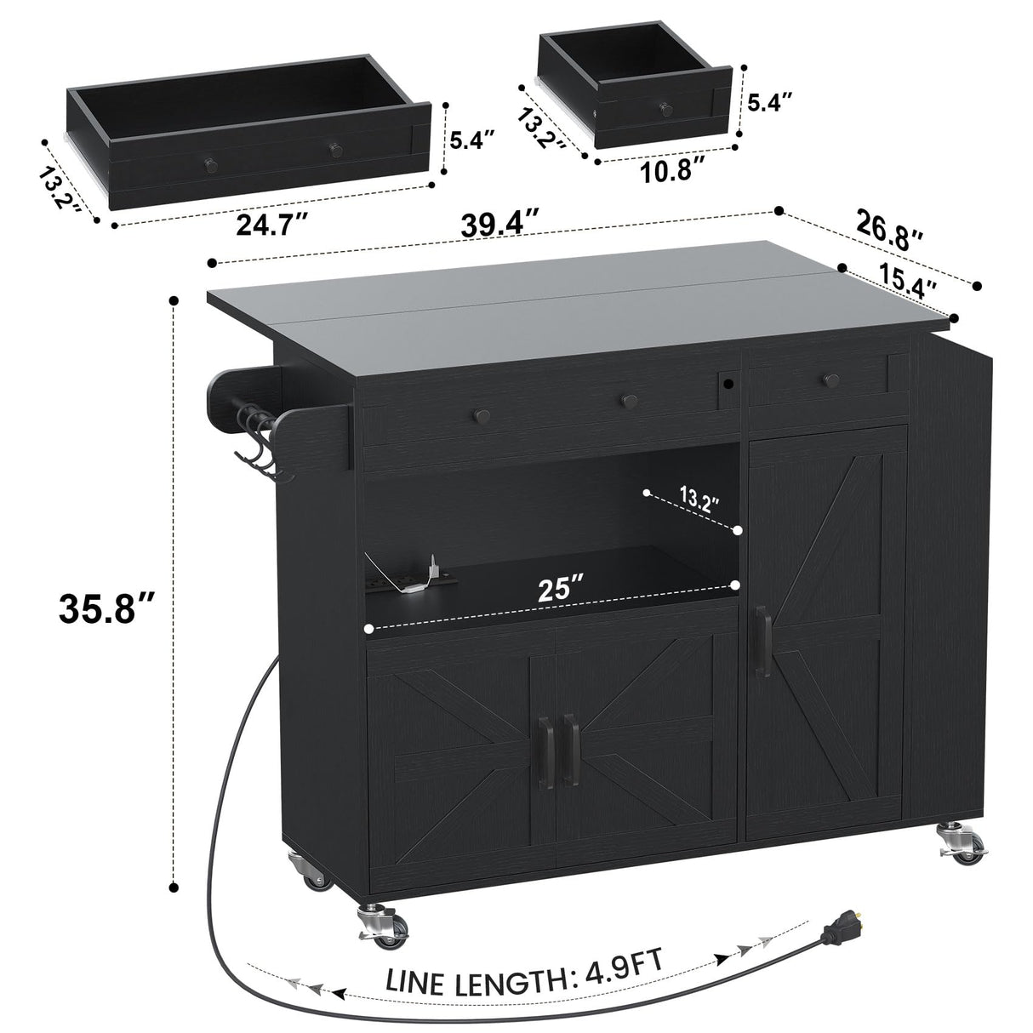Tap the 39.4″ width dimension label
[500, 224]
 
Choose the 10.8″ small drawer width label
[670, 170]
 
